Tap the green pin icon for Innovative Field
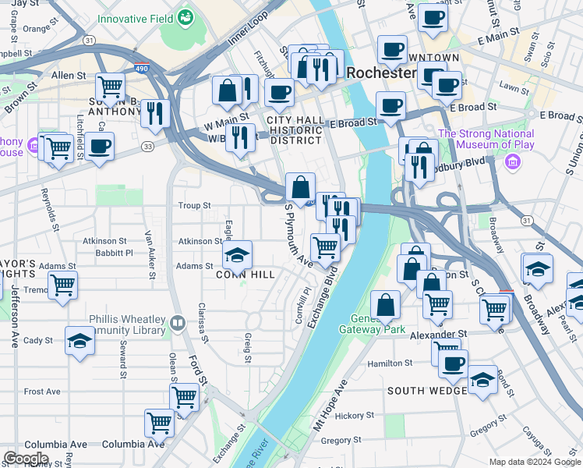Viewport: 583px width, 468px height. pyautogui.click(x=185, y=16)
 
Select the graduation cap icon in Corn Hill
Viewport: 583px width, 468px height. pyautogui.click(x=238, y=255)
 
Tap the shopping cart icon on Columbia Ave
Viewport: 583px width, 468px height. pyautogui.click(x=159, y=424)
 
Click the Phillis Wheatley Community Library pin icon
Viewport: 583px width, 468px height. pyautogui.click(x=178, y=321)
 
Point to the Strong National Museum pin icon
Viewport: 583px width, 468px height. pyautogui.click(x=513, y=162)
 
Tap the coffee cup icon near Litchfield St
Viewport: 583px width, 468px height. pyautogui.click(x=99, y=147)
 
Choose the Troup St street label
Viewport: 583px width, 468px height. pyautogui.click(x=195, y=206)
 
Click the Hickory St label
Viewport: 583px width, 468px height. pyautogui.click(x=359, y=417)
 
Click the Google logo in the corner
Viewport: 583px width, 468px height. pyautogui.click(x=25, y=459)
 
